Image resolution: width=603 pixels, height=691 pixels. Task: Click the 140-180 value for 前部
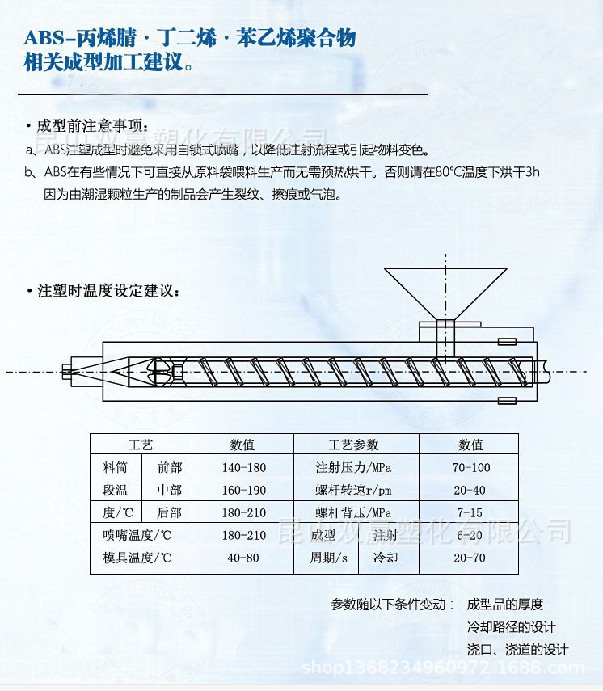tap(243, 468)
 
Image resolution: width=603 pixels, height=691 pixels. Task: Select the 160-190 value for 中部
tap(243, 491)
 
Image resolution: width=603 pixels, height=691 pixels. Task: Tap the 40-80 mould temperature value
tap(243, 558)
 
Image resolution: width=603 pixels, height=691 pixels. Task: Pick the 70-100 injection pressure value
tap(471, 468)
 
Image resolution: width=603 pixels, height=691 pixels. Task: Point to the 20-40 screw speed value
tap(470, 491)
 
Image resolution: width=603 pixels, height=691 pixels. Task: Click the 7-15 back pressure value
tap(470, 513)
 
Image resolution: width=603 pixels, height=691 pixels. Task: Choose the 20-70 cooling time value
tap(470, 558)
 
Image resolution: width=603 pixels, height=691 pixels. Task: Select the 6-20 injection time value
tap(470, 536)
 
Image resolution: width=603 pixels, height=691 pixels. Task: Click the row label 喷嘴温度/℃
tap(138, 536)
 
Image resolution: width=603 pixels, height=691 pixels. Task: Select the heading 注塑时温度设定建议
tap(108, 292)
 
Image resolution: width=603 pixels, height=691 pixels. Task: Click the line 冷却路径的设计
tap(512, 627)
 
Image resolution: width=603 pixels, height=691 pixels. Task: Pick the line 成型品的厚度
tap(505, 605)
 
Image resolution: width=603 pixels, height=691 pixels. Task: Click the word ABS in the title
tap(44, 39)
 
